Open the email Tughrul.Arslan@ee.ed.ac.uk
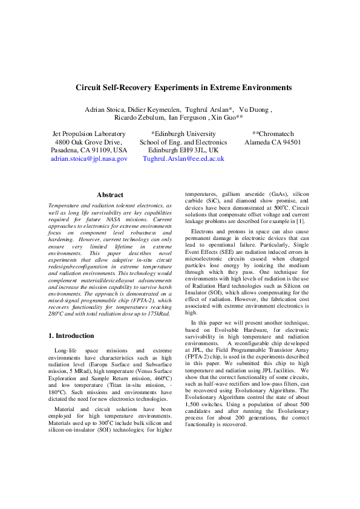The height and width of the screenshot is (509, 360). point(183,158)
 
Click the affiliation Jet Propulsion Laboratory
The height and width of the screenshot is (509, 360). point(89,134)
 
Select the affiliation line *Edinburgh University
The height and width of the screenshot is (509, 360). point(183,134)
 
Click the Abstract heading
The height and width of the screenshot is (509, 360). point(110,195)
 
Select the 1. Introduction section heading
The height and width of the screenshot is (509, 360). point(71,336)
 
